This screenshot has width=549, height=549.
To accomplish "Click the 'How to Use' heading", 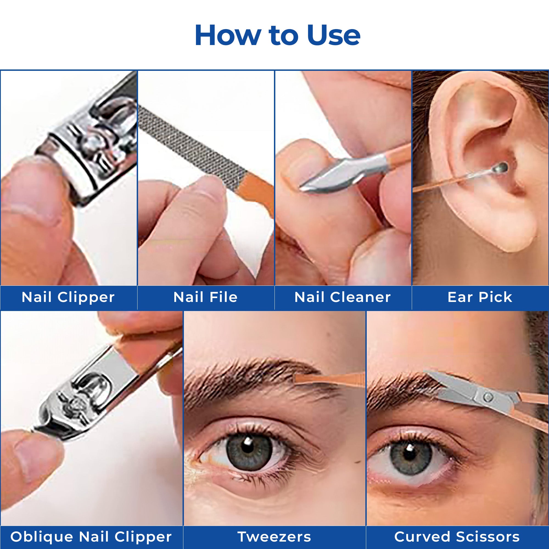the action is tap(278, 35).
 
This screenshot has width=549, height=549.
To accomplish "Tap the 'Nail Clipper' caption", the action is tap(68, 298).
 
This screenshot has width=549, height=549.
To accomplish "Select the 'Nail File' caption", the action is tap(205, 297).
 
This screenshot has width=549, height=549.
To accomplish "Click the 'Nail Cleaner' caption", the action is tap(342, 297).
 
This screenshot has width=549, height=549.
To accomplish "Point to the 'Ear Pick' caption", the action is tap(480, 297).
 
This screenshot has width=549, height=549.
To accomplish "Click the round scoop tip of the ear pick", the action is tap(502, 167).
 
